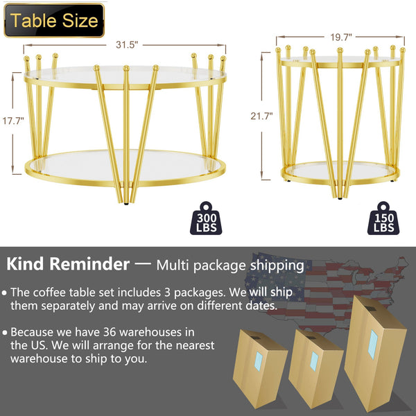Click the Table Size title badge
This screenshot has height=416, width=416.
point(53,20)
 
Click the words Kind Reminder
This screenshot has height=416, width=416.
point(68,264)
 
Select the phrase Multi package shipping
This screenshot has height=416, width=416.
point(229,265)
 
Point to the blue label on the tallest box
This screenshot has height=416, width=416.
point(374,344)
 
